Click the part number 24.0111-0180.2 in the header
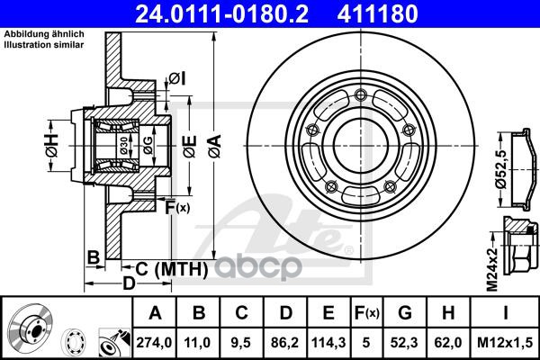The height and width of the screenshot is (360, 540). (x=221, y=14)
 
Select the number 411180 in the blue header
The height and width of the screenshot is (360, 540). (x=377, y=14)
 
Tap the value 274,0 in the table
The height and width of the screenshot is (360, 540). (x=154, y=342)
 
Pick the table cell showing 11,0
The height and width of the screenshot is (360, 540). (x=197, y=342)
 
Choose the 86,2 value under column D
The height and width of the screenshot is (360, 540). (x=284, y=342)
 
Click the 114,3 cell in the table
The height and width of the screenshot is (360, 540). (x=328, y=342)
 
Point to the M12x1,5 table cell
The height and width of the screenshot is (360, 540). (x=505, y=342)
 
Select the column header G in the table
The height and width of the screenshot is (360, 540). (x=405, y=313)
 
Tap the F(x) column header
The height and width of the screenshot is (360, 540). (x=366, y=313)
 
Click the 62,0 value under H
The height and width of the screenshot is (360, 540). (x=448, y=342)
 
